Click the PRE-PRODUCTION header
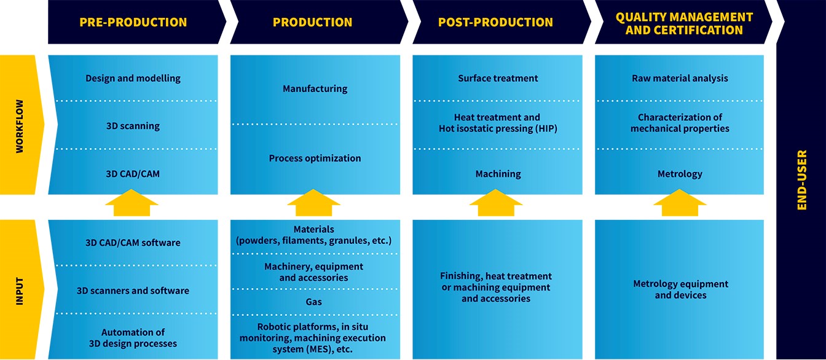(x=133, y=23)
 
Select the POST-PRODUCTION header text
(x=495, y=23)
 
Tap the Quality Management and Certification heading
(x=684, y=23)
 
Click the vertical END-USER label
(x=801, y=180)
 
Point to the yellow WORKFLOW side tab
(x=20, y=124)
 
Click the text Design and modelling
(x=133, y=79)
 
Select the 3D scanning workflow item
(x=133, y=126)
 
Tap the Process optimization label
(x=315, y=158)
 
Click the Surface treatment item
(x=498, y=79)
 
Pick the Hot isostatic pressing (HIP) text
(x=498, y=128)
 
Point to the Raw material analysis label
(x=680, y=79)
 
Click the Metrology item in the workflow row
(x=680, y=174)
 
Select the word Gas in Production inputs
(x=314, y=302)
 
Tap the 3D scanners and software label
(x=133, y=291)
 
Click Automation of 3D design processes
(x=133, y=338)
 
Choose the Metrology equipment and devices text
(x=680, y=289)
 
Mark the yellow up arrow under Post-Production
(x=497, y=203)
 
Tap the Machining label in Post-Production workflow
(x=498, y=174)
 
